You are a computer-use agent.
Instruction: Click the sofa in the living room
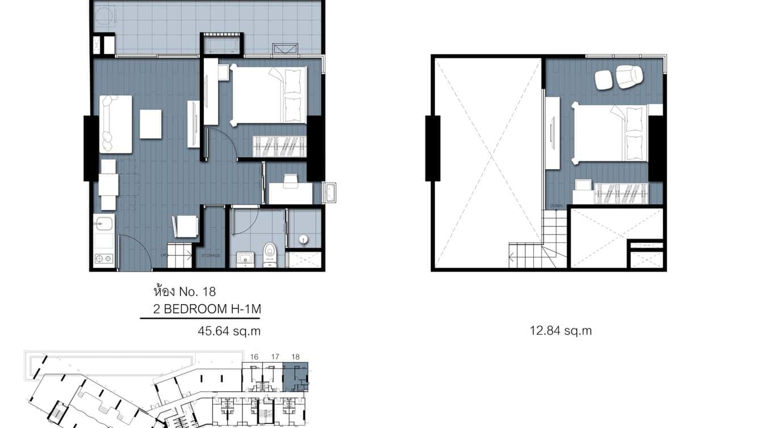[115, 124]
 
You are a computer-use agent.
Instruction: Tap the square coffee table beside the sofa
[150, 124]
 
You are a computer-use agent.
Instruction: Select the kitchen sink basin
[103, 223]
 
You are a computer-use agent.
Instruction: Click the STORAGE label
[211, 256]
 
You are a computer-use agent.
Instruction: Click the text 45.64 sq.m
[229, 331]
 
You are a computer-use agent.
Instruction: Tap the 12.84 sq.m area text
[560, 331]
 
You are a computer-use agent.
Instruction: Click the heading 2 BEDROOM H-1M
[207, 309]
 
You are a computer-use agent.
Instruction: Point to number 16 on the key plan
[254, 356]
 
